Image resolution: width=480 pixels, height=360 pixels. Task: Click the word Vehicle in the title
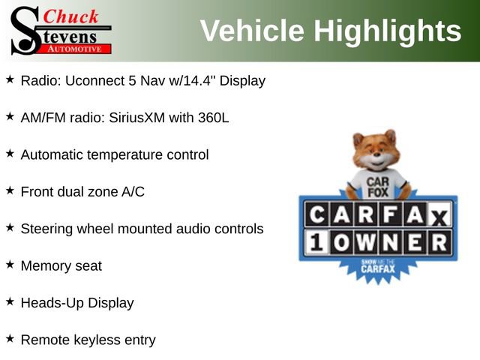(252, 31)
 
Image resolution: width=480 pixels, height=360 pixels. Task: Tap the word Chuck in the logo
(72, 16)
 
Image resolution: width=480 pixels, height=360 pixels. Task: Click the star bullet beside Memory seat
(10, 265)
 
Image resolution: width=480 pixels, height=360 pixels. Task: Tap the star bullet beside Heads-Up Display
(10, 301)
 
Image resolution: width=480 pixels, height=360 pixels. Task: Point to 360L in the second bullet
(212, 118)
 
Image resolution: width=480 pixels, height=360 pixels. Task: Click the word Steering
(48, 228)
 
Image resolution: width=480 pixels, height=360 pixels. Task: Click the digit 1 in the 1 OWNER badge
(315, 242)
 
